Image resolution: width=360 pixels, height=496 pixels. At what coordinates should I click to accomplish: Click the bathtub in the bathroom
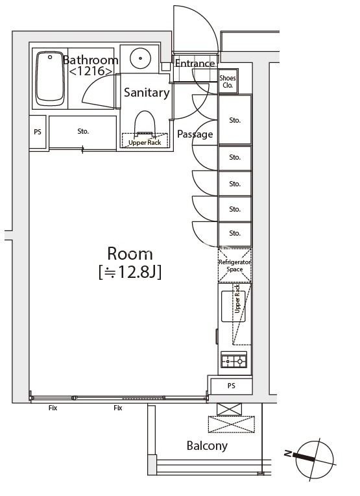click(x=50, y=79)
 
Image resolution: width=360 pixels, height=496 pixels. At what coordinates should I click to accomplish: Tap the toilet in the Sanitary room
click(x=145, y=123)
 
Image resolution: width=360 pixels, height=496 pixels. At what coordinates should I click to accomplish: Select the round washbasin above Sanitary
click(x=141, y=58)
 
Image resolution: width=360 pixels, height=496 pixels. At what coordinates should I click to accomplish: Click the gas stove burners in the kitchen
click(x=234, y=360)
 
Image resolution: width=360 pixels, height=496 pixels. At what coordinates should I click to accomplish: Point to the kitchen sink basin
click(x=233, y=306)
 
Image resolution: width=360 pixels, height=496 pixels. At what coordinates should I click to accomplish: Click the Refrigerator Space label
click(x=235, y=266)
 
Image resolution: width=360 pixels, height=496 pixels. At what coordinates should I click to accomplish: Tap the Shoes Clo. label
click(x=228, y=81)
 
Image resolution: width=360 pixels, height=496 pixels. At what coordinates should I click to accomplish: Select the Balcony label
click(x=207, y=446)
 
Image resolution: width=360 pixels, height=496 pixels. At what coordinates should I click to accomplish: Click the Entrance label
click(x=195, y=63)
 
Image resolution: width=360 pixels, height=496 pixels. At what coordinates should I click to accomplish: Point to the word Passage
click(x=195, y=134)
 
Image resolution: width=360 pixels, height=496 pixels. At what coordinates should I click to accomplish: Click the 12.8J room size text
click(x=130, y=272)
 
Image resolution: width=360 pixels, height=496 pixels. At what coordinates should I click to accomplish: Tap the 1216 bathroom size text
click(x=90, y=71)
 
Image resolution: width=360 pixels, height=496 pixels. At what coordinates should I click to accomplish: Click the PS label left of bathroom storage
click(x=37, y=132)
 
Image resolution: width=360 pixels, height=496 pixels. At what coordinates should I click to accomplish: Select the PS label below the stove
click(x=231, y=386)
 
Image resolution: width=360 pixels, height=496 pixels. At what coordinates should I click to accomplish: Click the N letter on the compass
click(x=288, y=454)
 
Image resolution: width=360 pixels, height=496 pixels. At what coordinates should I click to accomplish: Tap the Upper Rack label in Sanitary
click(x=145, y=143)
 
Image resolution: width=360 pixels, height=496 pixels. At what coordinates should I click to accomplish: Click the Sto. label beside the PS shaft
click(x=83, y=131)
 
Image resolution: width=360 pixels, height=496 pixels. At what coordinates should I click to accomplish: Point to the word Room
click(x=130, y=253)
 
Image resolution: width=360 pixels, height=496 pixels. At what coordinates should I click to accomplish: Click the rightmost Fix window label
click(x=118, y=408)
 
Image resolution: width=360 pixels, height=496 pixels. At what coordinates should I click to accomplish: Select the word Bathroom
click(x=91, y=60)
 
